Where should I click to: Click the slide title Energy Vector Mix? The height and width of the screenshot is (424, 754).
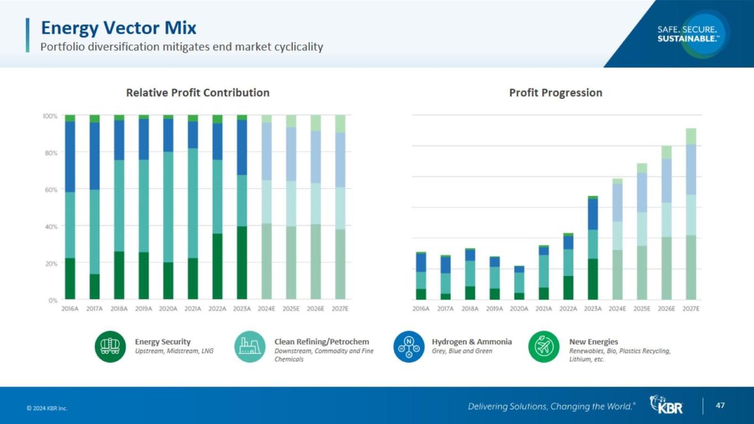(119, 28)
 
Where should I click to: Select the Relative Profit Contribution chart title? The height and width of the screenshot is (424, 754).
(198, 93)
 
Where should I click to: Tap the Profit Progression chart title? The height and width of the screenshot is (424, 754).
(555, 93)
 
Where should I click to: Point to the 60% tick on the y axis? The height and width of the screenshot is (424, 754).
(50, 190)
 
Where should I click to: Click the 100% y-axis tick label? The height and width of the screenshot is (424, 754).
(50, 116)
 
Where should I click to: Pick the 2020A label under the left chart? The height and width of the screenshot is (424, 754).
(168, 309)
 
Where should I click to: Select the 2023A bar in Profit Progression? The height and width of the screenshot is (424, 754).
(593, 248)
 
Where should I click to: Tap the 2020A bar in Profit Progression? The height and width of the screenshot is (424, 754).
(519, 283)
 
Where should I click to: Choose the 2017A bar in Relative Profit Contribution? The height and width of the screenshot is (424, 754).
(94, 208)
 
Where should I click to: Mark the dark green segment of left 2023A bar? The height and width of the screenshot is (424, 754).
(242, 263)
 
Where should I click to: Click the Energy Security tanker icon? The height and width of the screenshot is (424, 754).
(110, 347)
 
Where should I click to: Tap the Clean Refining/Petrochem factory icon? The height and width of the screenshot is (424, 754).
(250, 347)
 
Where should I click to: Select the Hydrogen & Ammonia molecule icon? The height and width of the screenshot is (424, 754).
(409, 347)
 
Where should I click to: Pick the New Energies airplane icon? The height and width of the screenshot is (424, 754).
(544, 347)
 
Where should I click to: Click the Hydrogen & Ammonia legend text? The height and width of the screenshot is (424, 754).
(472, 342)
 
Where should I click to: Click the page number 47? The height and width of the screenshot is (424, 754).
(720, 406)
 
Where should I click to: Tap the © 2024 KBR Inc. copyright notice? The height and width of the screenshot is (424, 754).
(47, 409)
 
